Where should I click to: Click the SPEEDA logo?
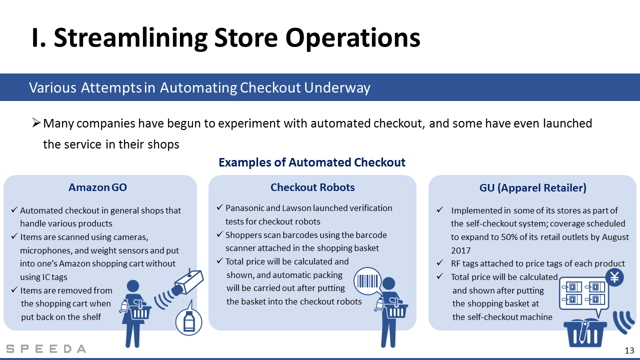click(46, 348)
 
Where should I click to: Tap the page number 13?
click(629, 350)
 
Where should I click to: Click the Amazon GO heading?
click(97, 187)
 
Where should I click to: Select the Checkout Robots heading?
click(312, 187)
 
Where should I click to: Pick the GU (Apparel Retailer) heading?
click(533, 187)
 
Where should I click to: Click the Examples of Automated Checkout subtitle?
click(312, 162)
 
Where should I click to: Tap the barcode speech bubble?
click(367, 281)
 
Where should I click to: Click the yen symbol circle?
click(614, 277)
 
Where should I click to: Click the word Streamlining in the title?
click(130, 38)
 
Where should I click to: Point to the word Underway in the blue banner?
click(337, 87)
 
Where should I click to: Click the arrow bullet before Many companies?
click(36, 123)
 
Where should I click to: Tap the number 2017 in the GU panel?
click(460, 250)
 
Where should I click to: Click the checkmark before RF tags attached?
click(440, 262)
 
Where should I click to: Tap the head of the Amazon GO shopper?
click(133, 286)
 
